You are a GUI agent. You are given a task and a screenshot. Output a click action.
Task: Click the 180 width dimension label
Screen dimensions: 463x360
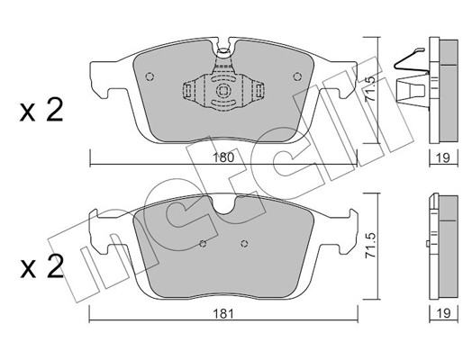(x=223, y=157)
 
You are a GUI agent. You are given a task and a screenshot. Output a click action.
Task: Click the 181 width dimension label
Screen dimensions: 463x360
(x=223, y=314)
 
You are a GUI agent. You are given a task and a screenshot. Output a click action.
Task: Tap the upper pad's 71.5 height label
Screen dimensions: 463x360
(x=371, y=88)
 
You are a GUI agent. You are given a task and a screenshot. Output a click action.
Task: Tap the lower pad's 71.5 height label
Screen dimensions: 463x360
(x=371, y=245)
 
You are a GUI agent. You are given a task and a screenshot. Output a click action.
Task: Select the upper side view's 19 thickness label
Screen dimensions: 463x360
(x=444, y=157)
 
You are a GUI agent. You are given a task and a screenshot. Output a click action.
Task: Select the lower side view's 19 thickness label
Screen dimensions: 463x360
(x=444, y=313)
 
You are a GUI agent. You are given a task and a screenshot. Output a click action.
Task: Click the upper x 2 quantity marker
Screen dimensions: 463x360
(x=41, y=110)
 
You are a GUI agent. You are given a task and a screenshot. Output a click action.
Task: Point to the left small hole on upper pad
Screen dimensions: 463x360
(x=150, y=76)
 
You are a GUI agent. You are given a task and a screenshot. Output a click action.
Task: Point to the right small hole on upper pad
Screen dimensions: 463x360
(x=297, y=76)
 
